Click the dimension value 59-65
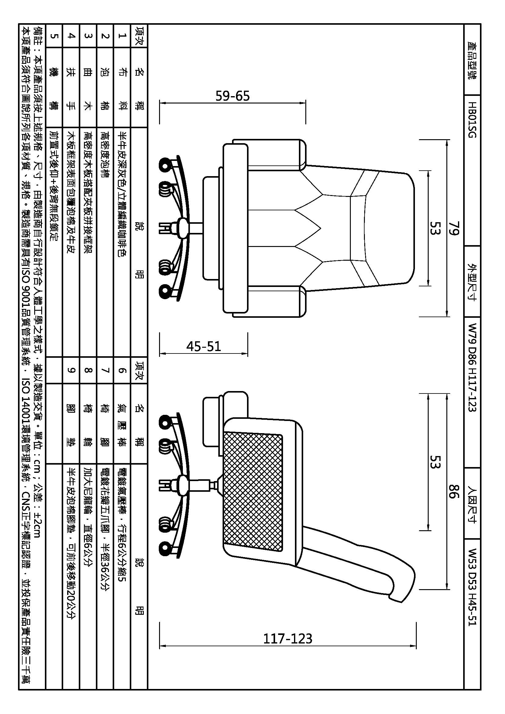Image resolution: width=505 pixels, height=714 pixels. [x=233, y=96]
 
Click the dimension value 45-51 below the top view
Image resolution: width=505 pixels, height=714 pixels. [x=203, y=346]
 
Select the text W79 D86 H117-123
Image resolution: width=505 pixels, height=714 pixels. [x=472, y=368]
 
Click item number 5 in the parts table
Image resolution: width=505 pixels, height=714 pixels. [x=54, y=36]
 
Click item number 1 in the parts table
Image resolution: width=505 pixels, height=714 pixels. [x=122, y=36]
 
